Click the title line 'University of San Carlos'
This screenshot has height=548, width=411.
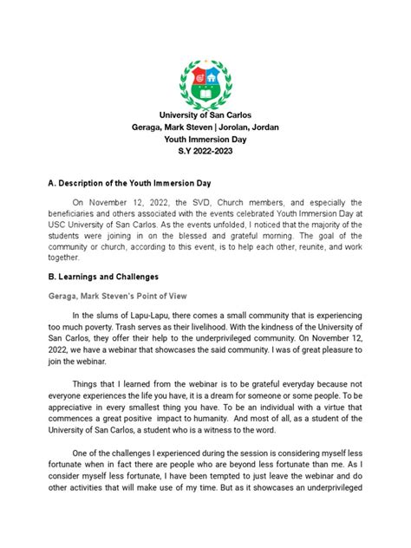coord(205,116)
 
